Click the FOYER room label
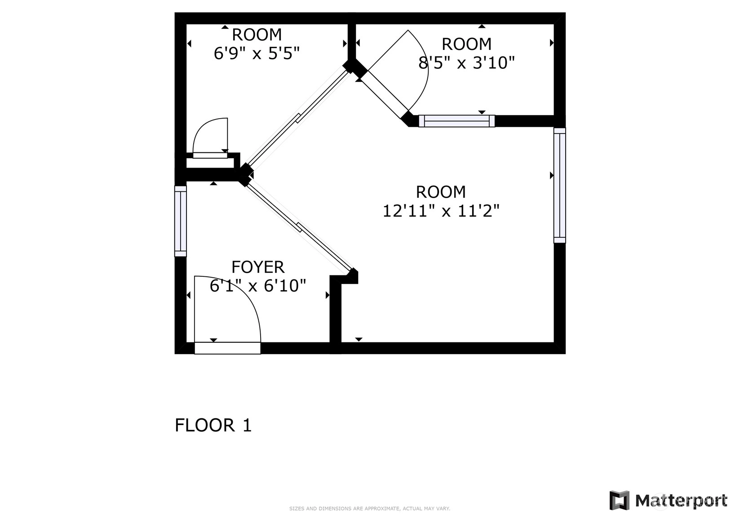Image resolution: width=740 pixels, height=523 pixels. click(x=258, y=267)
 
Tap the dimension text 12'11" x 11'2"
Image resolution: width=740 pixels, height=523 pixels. click(x=441, y=211)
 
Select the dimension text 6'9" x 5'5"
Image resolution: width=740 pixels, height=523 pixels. click(x=257, y=53)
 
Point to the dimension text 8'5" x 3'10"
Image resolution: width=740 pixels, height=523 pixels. click(x=466, y=62)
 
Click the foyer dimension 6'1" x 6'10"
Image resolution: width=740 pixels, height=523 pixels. click(x=258, y=285)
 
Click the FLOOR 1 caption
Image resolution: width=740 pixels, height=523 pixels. click(x=213, y=425)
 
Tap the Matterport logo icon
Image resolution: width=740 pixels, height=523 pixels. click(x=620, y=501)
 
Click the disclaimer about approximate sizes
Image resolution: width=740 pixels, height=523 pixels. click(x=370, y=509)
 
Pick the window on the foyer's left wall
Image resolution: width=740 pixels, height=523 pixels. click(x=180, y=222)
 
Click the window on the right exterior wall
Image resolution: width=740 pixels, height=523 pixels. click(x=560, y=186)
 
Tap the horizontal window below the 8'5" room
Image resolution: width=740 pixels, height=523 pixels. click(x=457, y=121)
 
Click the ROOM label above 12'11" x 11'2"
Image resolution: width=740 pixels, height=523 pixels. click(x=441, y=192)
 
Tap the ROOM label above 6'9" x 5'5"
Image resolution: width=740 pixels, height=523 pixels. click(x=257, y=35)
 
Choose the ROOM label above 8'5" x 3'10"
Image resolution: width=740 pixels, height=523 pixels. click(x=466, y=44)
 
